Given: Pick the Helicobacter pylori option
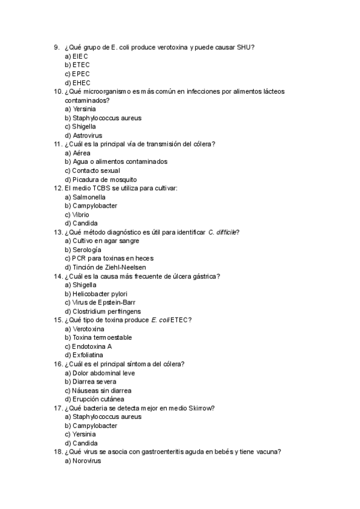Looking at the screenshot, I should coord(96,294).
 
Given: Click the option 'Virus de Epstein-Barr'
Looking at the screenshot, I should coord(98,303).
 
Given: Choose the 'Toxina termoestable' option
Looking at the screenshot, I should coord(98,337).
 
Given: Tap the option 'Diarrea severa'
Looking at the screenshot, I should coord(91,382).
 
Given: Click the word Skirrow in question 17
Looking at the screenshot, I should coord(203,408).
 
